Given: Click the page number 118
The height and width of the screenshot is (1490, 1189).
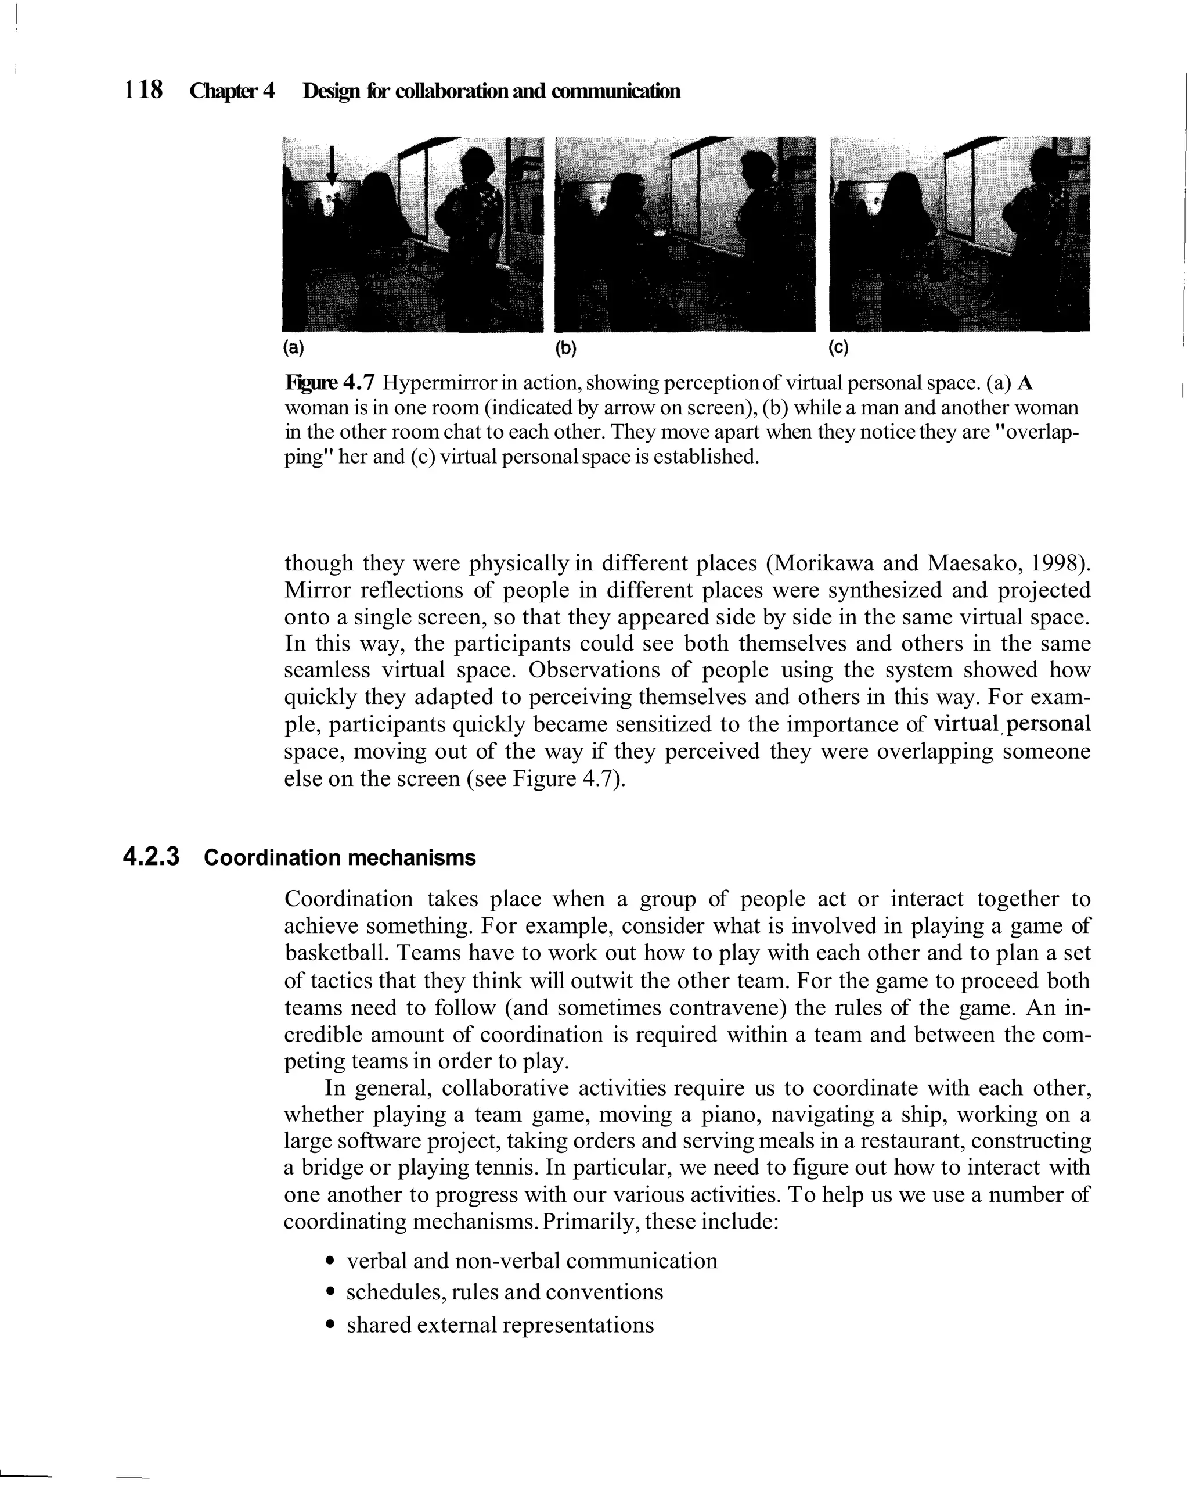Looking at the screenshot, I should click(x=144, y=90).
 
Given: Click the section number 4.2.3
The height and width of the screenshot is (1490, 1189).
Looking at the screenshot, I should click(x=150, y=857).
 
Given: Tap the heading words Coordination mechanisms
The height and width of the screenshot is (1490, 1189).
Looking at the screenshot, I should click(x=340, y=857).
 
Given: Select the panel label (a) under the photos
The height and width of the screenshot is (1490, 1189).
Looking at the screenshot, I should click(x=293, y=347).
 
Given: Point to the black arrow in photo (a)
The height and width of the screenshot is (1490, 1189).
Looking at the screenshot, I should click(x=332, y=166).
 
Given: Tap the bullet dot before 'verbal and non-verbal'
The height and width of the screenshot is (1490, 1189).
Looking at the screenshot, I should click(x=331, y=1261).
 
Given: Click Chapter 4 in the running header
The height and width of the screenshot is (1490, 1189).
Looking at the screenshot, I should click(x=232, y=91).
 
